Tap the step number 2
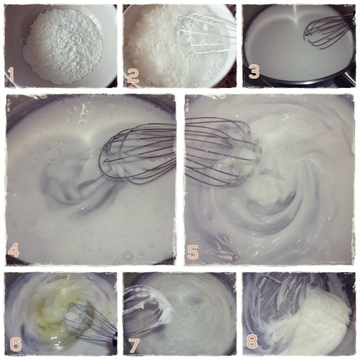133,75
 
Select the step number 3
254,72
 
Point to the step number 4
14,250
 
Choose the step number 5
193,252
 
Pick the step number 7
134,345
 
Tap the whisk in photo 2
205,34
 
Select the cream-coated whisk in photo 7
148,307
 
